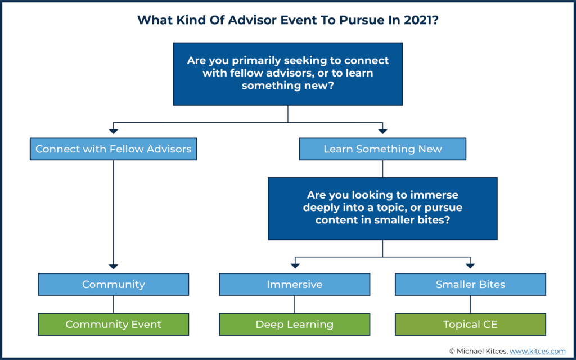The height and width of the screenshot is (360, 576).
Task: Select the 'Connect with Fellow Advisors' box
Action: point(113,149)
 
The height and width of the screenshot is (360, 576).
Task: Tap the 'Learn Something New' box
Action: point(382,149)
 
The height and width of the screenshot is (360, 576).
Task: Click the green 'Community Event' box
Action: point(113,325)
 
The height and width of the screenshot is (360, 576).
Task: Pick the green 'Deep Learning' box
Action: point(294,325)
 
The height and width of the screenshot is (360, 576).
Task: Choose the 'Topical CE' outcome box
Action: point(470,325)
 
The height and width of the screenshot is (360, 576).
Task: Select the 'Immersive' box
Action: point(294,285)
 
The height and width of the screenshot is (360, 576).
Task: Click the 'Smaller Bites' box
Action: point(470,285)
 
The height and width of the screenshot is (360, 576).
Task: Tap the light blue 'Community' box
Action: point(113,285)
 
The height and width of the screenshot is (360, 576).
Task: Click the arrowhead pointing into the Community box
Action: point(113,265)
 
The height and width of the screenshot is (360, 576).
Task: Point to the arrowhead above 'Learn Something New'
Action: point(382,131)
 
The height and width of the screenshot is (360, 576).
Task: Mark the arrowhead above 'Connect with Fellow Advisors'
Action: point(113,131)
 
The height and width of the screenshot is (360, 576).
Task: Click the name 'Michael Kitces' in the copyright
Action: point(481,351)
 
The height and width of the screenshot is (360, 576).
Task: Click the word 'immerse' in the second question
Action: point(438,195)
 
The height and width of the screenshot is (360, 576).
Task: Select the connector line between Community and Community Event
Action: point(113,304)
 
